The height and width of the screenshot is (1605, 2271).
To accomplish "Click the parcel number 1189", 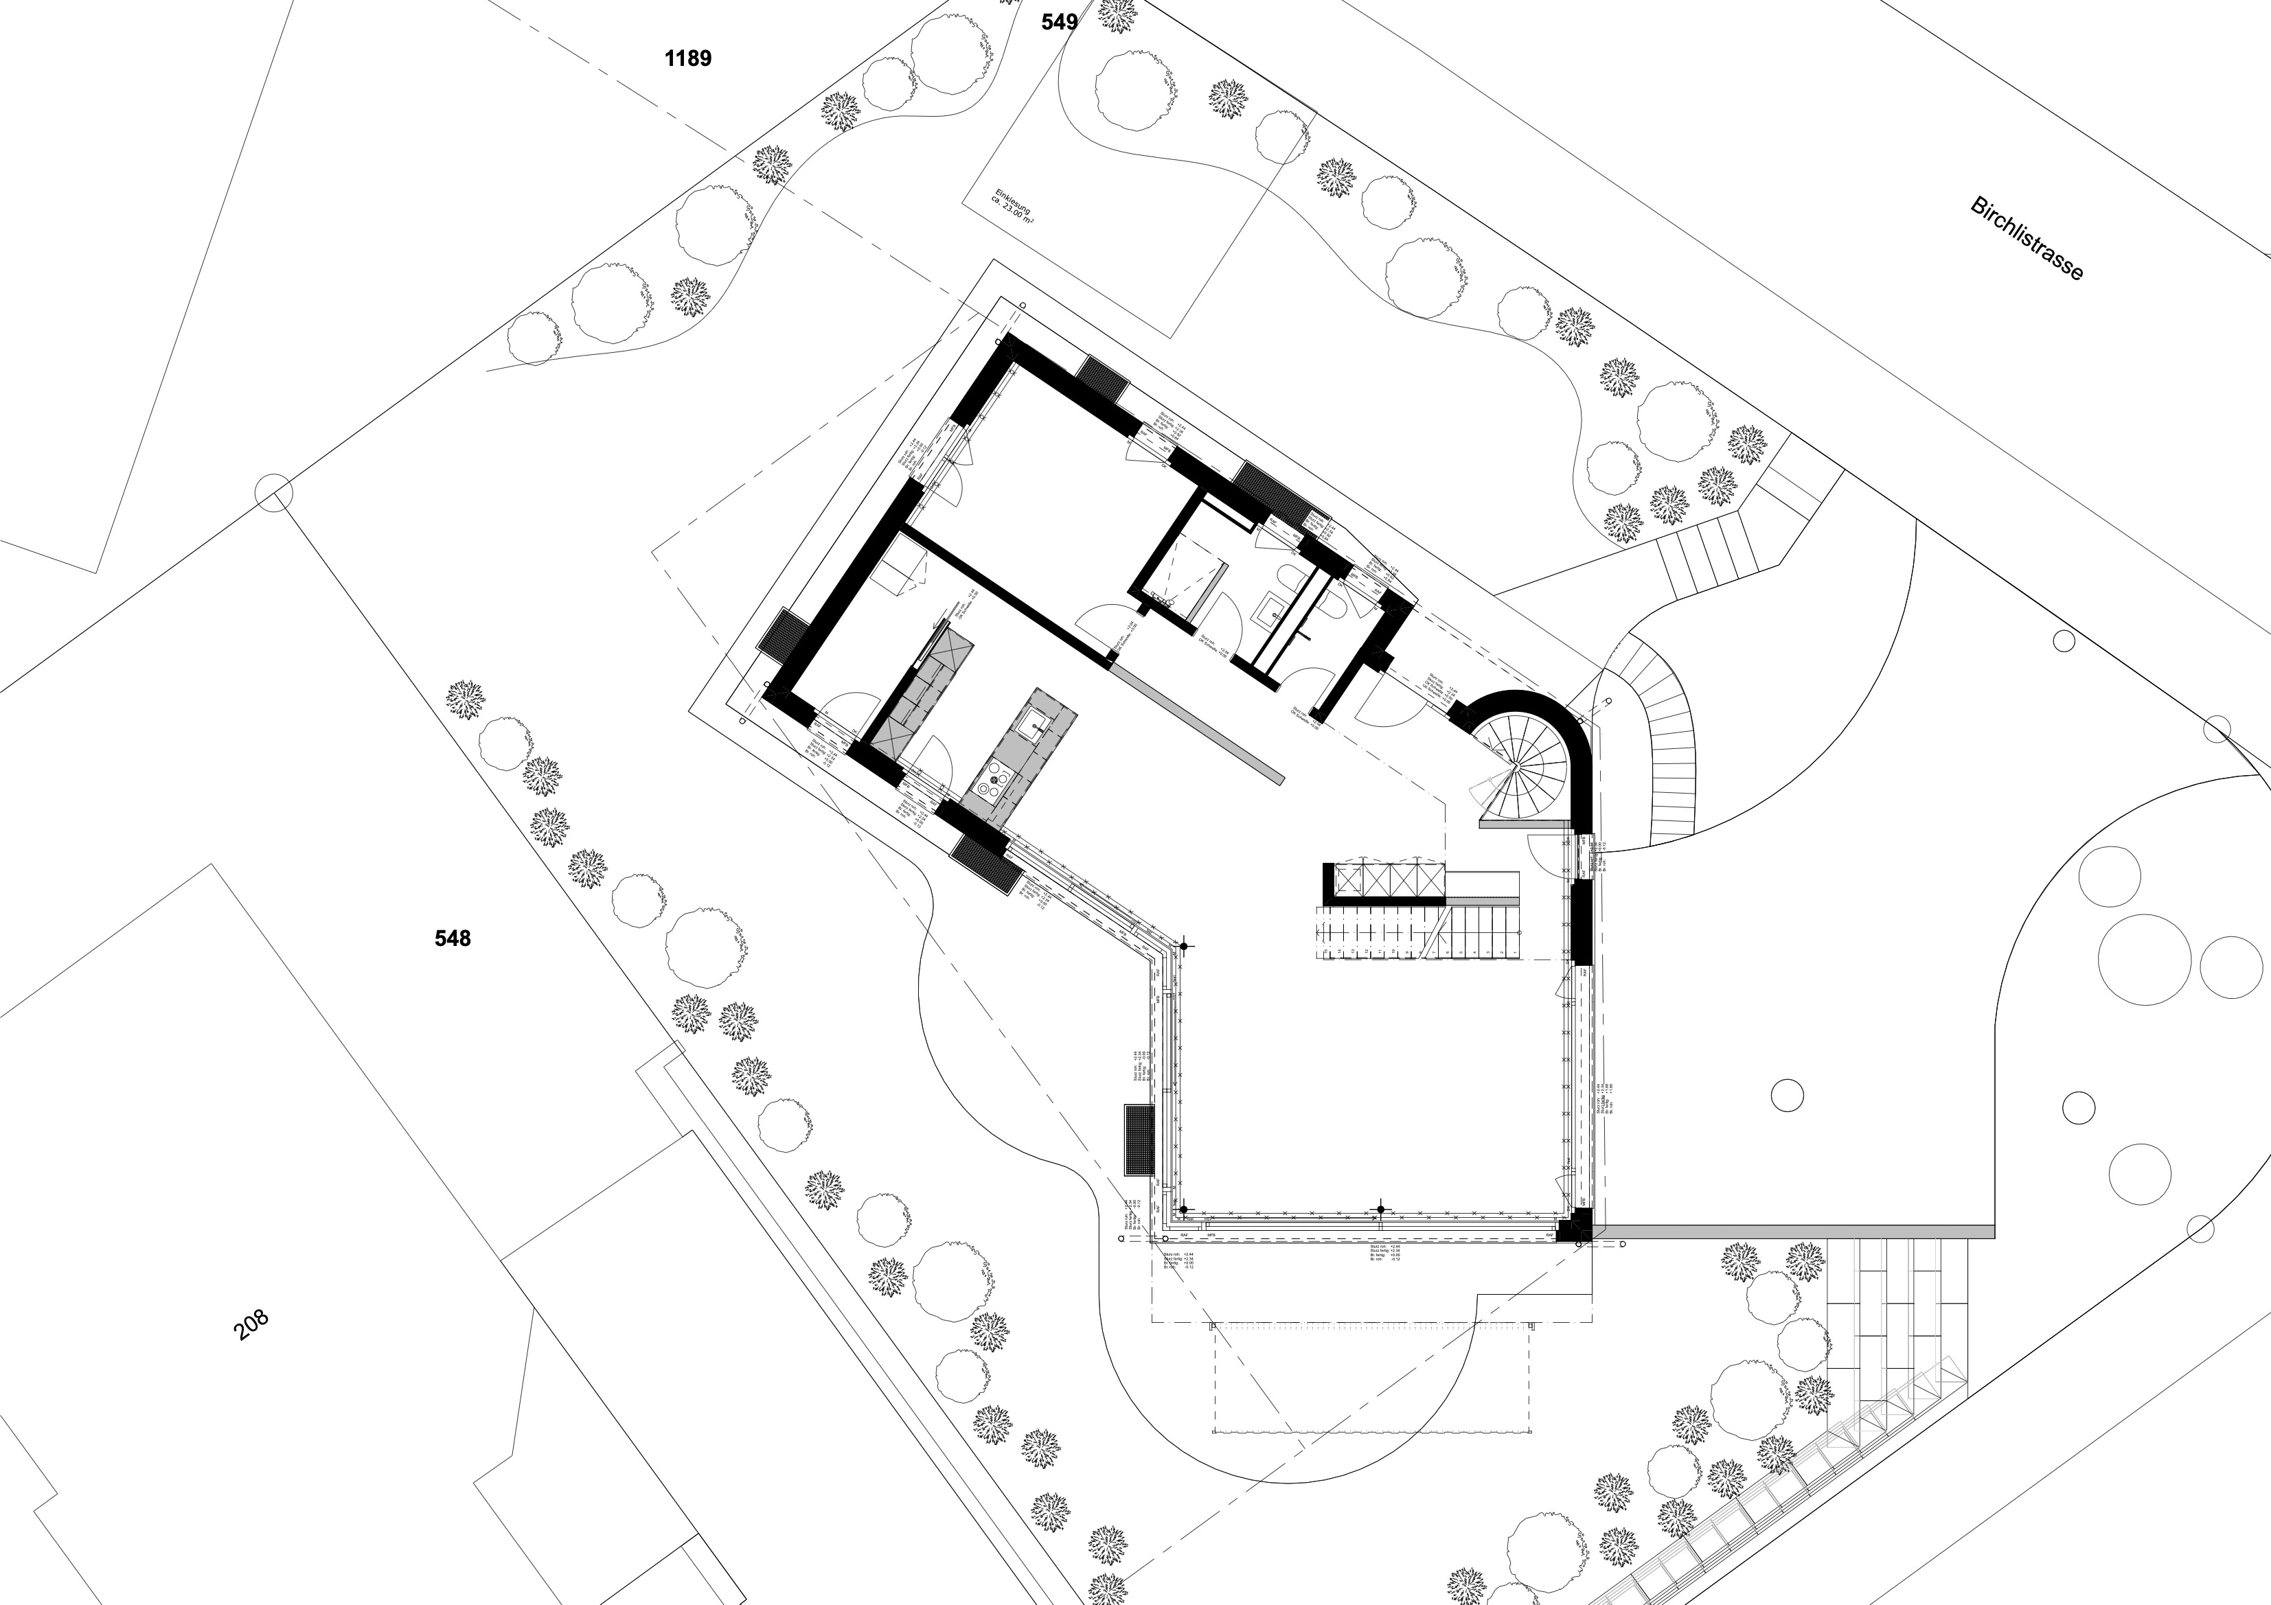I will click(x=687, y=58).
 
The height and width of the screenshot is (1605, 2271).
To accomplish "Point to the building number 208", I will click(x=251, y=1325).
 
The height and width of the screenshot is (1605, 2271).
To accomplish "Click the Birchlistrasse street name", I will click(x=2027, y=238).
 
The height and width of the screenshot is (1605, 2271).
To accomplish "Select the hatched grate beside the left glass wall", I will click(x=1139, y=1140).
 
